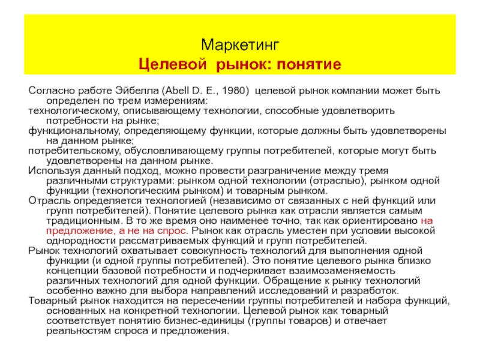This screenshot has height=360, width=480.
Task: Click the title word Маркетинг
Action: (x=240, y=45)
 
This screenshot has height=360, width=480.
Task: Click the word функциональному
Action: (x=64, y=131)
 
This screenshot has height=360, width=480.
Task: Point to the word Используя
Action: (x=52, y=170)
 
